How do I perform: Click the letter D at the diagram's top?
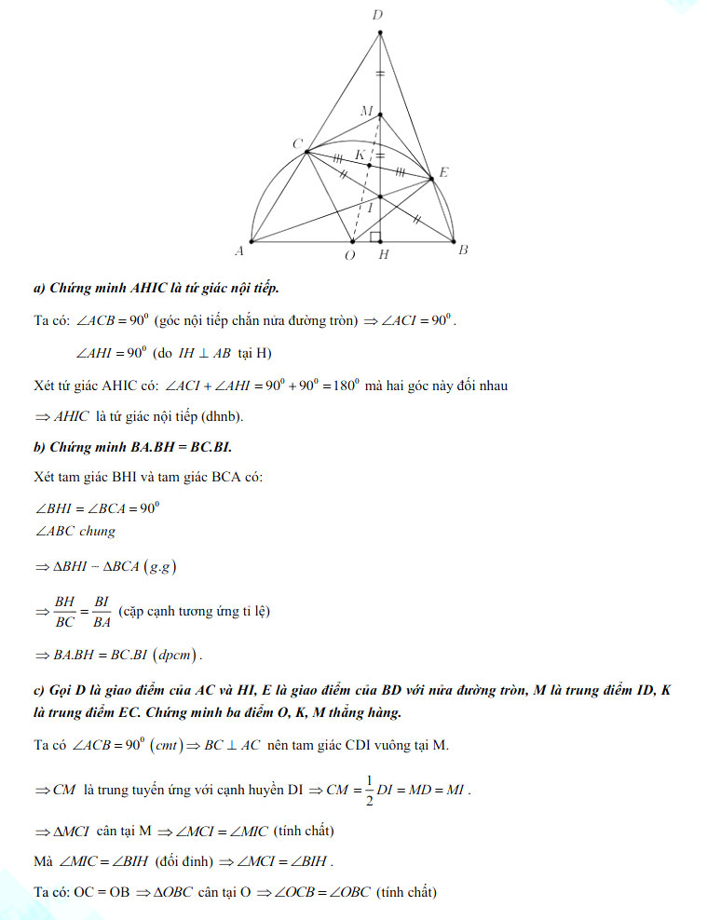click(x=376, y=15)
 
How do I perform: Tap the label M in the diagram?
click(x=367, y=111)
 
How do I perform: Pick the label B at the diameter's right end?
click(x=463, y=250)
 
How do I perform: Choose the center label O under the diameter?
click(x=349, y=255)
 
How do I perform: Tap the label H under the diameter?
click(x=383, y=255)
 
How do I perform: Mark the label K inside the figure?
click(x=360, y=155)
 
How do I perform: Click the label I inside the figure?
click(x=371, y=210)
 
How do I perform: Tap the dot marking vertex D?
click(x=379, y=34)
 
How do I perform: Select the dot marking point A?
click(x=252, y=241)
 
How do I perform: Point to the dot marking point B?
click(x=455, y=241)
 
